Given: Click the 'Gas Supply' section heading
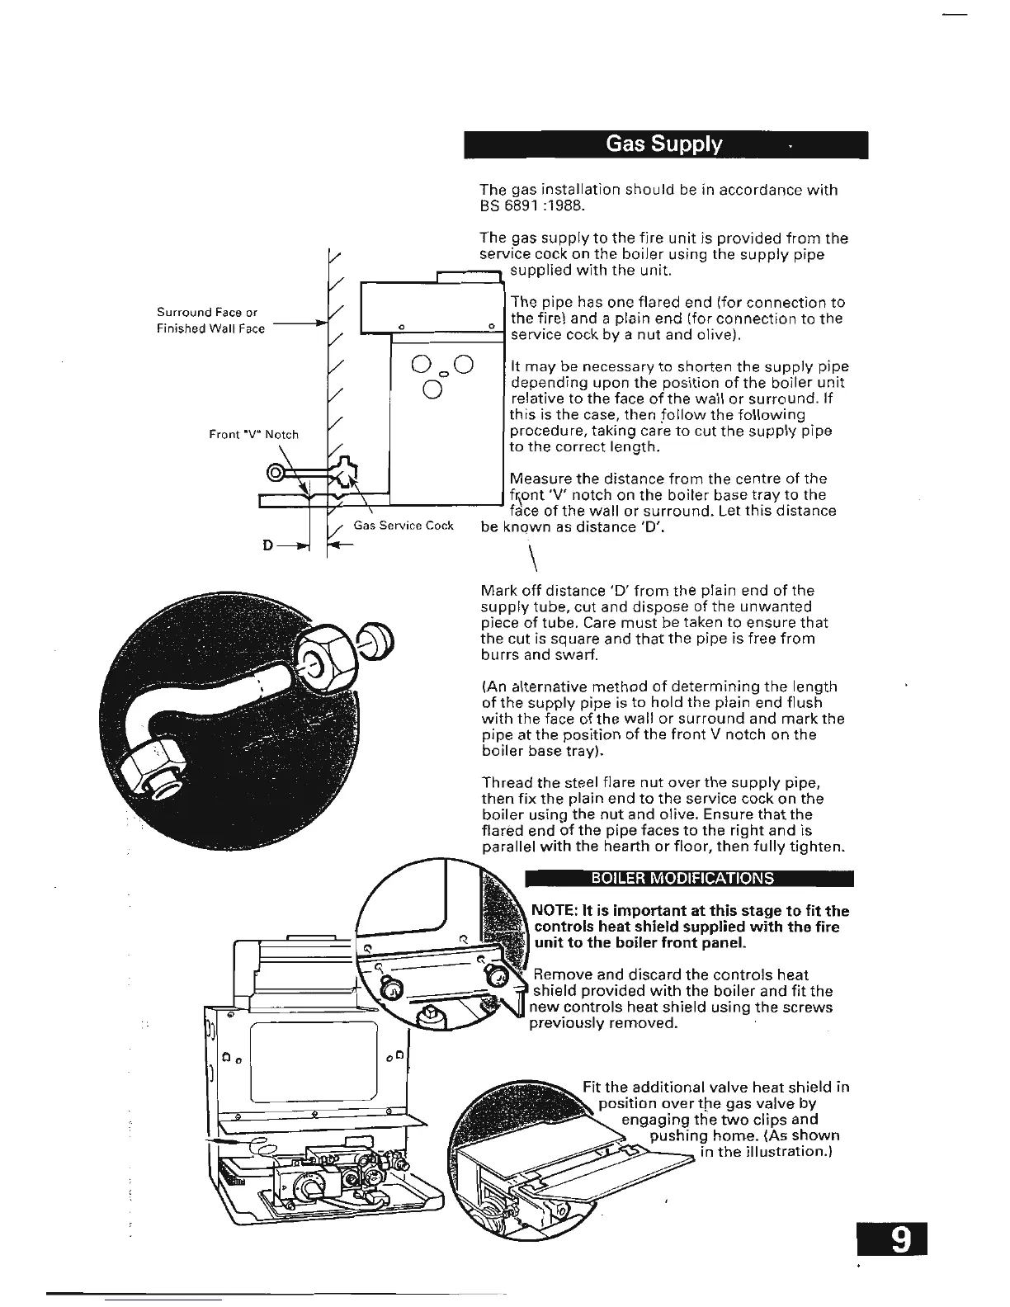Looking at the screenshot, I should coord(664,145).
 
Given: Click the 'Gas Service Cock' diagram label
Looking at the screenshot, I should coord(404,526).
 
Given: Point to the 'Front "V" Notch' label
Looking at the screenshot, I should coord(253,434).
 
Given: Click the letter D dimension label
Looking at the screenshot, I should coord(267,545).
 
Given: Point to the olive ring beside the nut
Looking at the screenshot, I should coord(378,640).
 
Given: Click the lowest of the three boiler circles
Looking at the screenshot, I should coord(432,389).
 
